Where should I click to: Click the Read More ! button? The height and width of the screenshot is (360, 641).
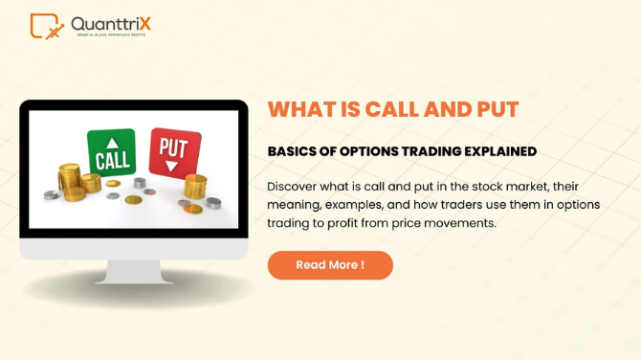[x=330, y=265]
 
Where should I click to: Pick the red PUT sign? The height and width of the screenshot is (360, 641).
[x=174, y=150]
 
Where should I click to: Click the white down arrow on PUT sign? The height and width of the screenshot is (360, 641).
[x=173, y=166]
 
